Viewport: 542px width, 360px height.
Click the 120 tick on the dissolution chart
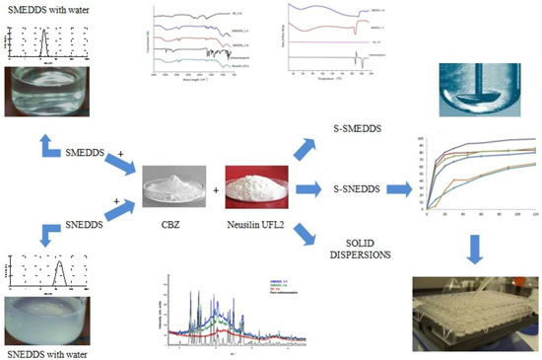[534, 215]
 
